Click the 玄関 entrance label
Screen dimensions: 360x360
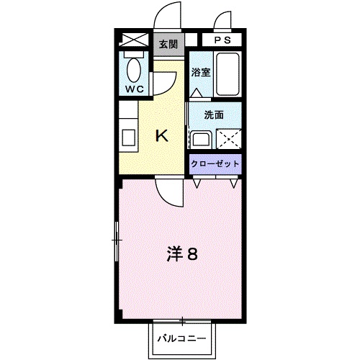coord(168,44)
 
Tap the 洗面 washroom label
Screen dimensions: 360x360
coord(213,114)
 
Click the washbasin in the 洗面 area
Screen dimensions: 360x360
coord(201,138)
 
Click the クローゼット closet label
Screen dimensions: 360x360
coord(215,164)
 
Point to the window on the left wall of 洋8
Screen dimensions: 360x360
coord(117,241)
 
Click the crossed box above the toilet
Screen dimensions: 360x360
coord(135,40)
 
